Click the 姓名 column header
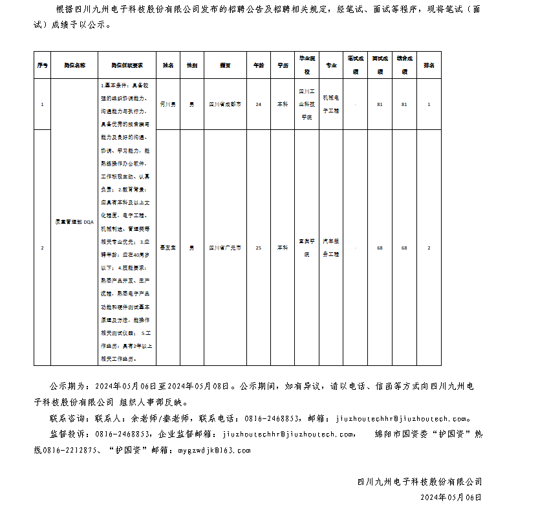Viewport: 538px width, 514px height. (x=168, y=65)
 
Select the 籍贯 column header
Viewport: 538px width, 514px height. (x=225, y=65)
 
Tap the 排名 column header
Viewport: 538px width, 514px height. (x=429, y=65)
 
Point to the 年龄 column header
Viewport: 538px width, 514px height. (x=259, y=65)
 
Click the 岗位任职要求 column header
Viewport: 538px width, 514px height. (x=127, y=65)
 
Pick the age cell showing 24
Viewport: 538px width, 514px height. (x=259, y=104)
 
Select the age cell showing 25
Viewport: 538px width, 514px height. (x=259, y=248)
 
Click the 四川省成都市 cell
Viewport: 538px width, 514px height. (x=225, y=104)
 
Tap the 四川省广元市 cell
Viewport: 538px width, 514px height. (x=225, y=248)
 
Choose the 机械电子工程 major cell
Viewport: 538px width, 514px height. (x=331, y=104)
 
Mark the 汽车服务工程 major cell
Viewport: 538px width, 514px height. (x=331, y=248)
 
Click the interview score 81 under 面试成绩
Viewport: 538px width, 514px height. (x=380, y=104)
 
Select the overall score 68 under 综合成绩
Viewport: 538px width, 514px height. (x=404, y=248)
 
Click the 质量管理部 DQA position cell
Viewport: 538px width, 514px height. (x=74, y=221)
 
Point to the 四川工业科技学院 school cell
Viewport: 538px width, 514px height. (x=307, y=104)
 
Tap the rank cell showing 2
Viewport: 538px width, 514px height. (x=429, y=248)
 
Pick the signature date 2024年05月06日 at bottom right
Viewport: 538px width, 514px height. (x=451, y=497)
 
